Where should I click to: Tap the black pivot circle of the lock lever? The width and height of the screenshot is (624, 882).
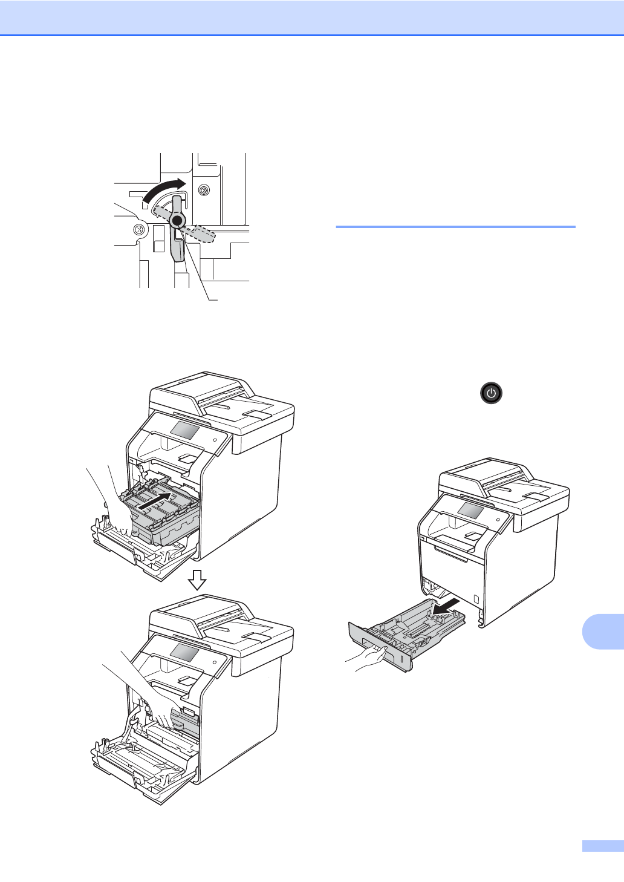pyautogui.click(x=177, y=221)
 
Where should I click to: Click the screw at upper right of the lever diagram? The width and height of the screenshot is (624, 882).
pyautogui.click(x=204, y=191)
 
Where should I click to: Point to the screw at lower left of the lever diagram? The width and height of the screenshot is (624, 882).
pyautogui.click(x=138, y=230)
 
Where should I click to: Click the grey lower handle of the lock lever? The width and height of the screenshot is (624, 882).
pyautogui.click(x=178, y=248)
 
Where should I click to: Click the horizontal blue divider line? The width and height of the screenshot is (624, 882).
pyautogui.click(x=455, y=227)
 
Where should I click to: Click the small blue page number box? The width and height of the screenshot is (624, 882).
pyautogui.click(x=603, y=846)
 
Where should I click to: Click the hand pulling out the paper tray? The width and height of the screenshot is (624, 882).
pyautogui.click(x=366, y=658)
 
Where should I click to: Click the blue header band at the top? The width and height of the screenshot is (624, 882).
pyautogui.click(x=312, y=18)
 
